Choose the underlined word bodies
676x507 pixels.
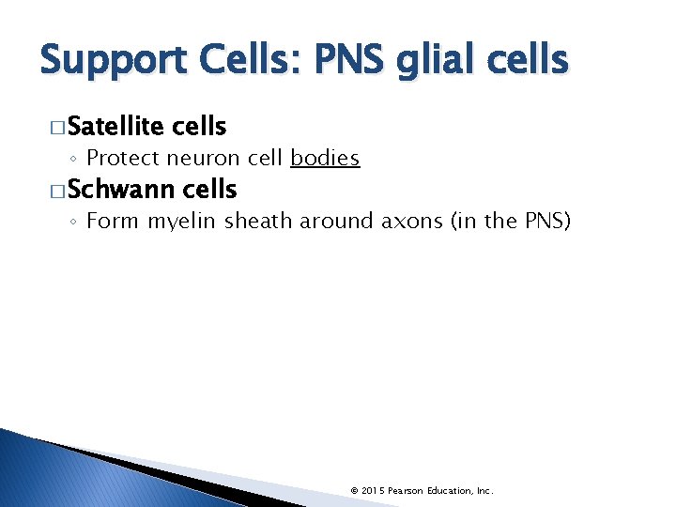point(325,158)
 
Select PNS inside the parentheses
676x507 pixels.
point(542,222)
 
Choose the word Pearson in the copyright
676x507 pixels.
point(408,491)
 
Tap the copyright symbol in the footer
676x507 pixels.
point(353,491)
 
